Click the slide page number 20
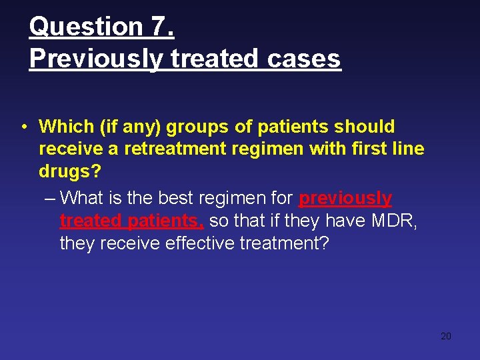pyautogui.click(x=446, y=336)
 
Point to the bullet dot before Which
pyautogui.click(x=23, y=127)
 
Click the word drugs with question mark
pyautogui.click(x=70, y=171)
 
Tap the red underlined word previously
pyautogui.click(x=345, y=198)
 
